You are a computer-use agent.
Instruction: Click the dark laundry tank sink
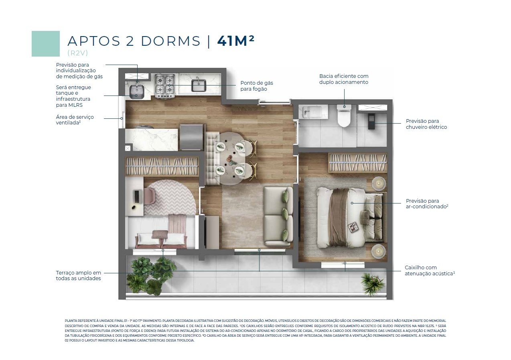click(x=137, y=92)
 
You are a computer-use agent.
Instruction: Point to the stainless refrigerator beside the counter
click(x=191, y=137)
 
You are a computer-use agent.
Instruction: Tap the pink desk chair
click(x=149, y=195)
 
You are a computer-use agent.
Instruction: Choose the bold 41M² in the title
click(x=236, y=41)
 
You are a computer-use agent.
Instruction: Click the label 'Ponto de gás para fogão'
click(x=257, y=86)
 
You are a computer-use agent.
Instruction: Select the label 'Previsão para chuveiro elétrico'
click(x=426, y=124)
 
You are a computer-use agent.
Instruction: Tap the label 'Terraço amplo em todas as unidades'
click(x=79, y=276)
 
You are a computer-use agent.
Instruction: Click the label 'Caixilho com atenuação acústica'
click(x=430, y=271)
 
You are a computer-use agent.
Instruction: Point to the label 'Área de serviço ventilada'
click(x=75, y=120)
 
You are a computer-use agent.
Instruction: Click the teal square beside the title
click(x=46, y=44)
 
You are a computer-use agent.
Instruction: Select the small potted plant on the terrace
click(x=371, y=284)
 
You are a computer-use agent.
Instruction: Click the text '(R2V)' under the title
click(x=77, y=53)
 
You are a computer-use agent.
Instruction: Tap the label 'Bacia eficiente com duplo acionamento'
click(x=344, y=79)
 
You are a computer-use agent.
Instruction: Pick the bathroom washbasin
click(x=313, y=112)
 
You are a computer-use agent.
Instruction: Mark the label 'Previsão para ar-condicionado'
click(x=427, y=203)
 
